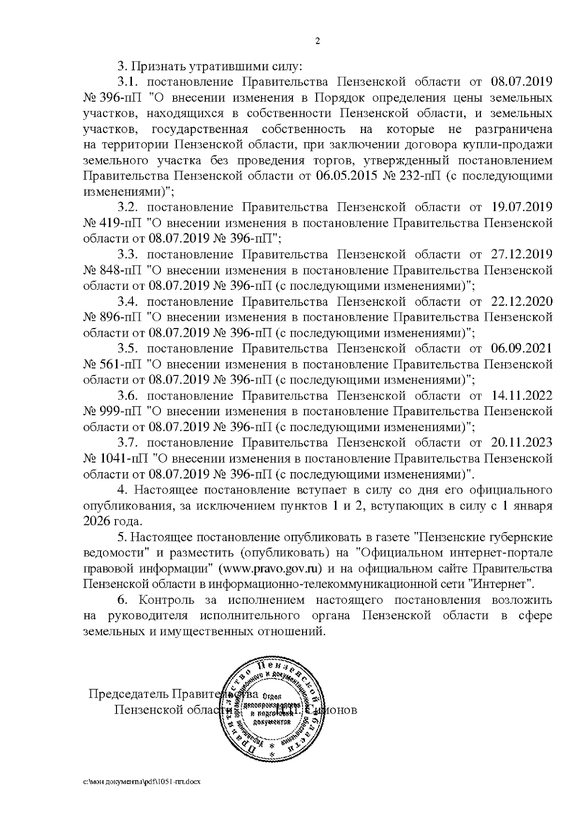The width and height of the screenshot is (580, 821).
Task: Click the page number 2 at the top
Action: click(318, 41)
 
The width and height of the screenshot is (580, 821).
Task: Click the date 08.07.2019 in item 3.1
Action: click(522, 82)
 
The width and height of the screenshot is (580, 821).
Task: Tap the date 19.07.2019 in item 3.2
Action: click(522, 208)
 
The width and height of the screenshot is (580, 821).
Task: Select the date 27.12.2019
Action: click(522, 254)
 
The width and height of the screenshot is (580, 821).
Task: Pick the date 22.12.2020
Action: click(522, 301)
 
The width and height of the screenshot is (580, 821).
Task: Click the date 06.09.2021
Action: click(522, 349)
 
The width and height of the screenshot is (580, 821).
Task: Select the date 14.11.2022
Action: click(522, 396)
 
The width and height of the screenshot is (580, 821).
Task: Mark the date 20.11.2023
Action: click(522, 443)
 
